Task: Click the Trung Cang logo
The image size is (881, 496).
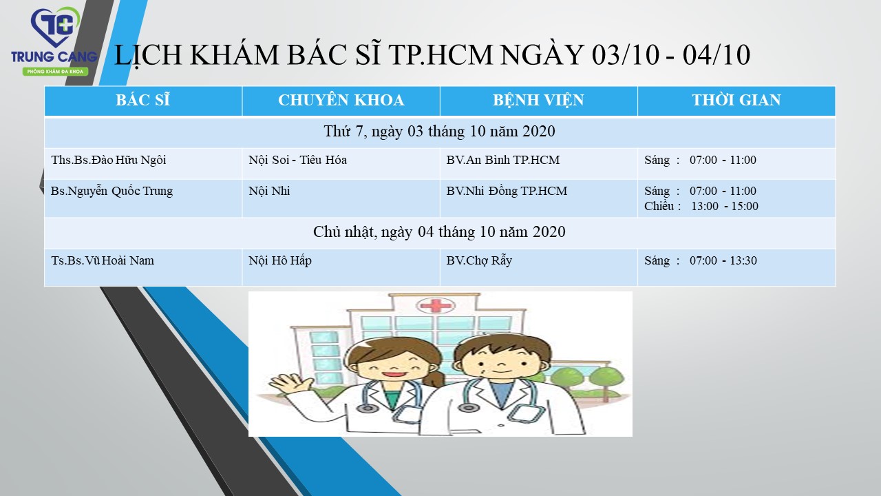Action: click(x=54, y=42)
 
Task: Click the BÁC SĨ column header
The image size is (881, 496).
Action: click(x=142, y=101)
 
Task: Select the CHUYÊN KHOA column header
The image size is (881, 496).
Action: click(x=341, y=101)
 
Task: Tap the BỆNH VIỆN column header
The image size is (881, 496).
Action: click(x=538, y=101)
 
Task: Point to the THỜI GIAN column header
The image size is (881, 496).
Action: click(x=736, y=101)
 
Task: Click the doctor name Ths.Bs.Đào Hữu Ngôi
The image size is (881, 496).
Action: click(x=109, y=161)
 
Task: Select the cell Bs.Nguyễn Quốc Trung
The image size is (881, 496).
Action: click(x=112, y=192)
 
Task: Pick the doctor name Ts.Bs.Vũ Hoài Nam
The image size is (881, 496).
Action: click(x=103, y=260)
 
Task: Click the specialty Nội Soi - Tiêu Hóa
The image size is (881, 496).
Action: click(x=298, y=161)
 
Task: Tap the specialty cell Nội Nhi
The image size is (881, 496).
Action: click(x=269, y=192)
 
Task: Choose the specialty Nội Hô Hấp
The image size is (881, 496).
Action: click(x=280, y=260)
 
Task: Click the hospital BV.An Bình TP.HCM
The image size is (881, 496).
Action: click(x=502, y=161)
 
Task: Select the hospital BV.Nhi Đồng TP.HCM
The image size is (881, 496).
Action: click(x=507, y=192)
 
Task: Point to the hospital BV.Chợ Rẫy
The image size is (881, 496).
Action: click(x=479, y=260)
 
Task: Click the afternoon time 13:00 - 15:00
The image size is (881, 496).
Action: click(x=725, y=206)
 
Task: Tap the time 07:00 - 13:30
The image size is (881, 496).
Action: click(x=723, y=260)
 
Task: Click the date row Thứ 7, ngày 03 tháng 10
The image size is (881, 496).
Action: click(x=439, y=132)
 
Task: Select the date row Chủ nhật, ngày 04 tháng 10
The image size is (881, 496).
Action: click(x=439, y=232)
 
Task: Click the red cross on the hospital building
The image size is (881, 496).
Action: click(x=436, y=306)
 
